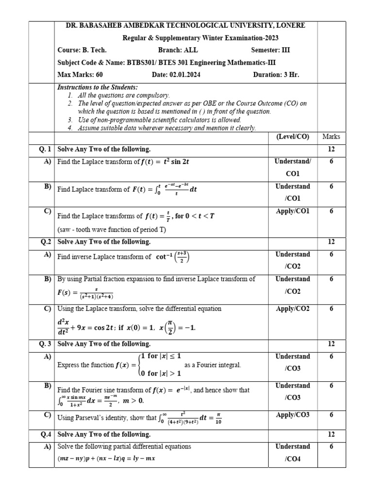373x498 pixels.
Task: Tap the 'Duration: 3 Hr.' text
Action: (276, 75)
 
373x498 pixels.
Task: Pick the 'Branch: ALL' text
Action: (178, 50)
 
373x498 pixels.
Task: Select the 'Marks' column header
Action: (331, 137)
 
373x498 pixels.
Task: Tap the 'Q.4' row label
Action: (46, 434)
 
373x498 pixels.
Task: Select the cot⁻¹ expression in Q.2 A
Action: (172, 256)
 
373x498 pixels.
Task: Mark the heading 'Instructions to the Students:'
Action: (98, 88)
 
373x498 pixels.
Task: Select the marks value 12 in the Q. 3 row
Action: (331, 344)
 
